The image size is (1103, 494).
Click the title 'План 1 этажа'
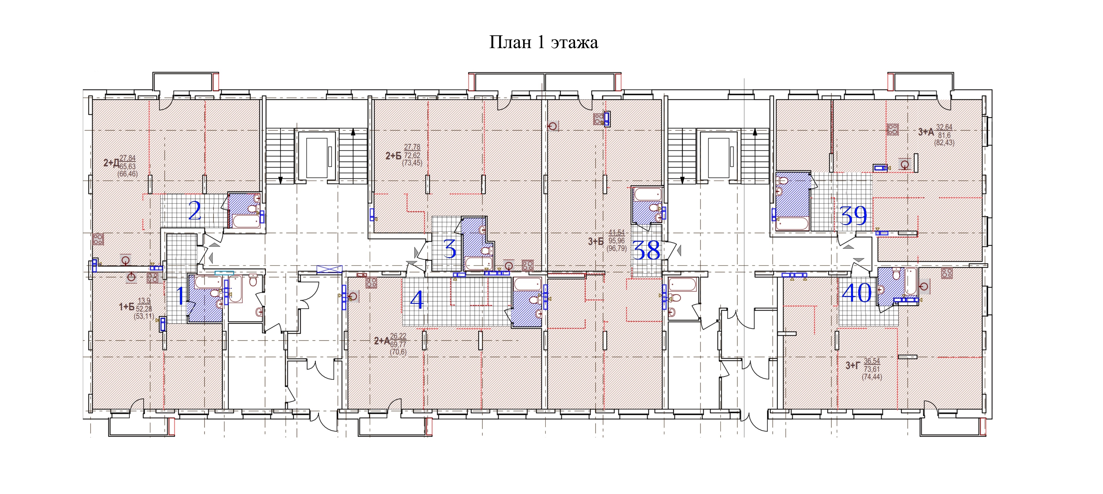tap(543, 42)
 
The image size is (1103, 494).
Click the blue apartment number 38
tap(646, 250)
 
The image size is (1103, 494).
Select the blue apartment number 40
tap(857, 293)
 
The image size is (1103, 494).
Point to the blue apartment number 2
tap(195, 211)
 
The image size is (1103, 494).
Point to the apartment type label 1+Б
tap(126, 306)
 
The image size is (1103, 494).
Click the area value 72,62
tap(412, 155)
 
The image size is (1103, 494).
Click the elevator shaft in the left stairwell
tap(317, 155)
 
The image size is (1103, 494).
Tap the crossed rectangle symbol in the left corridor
tap(329, 270)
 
